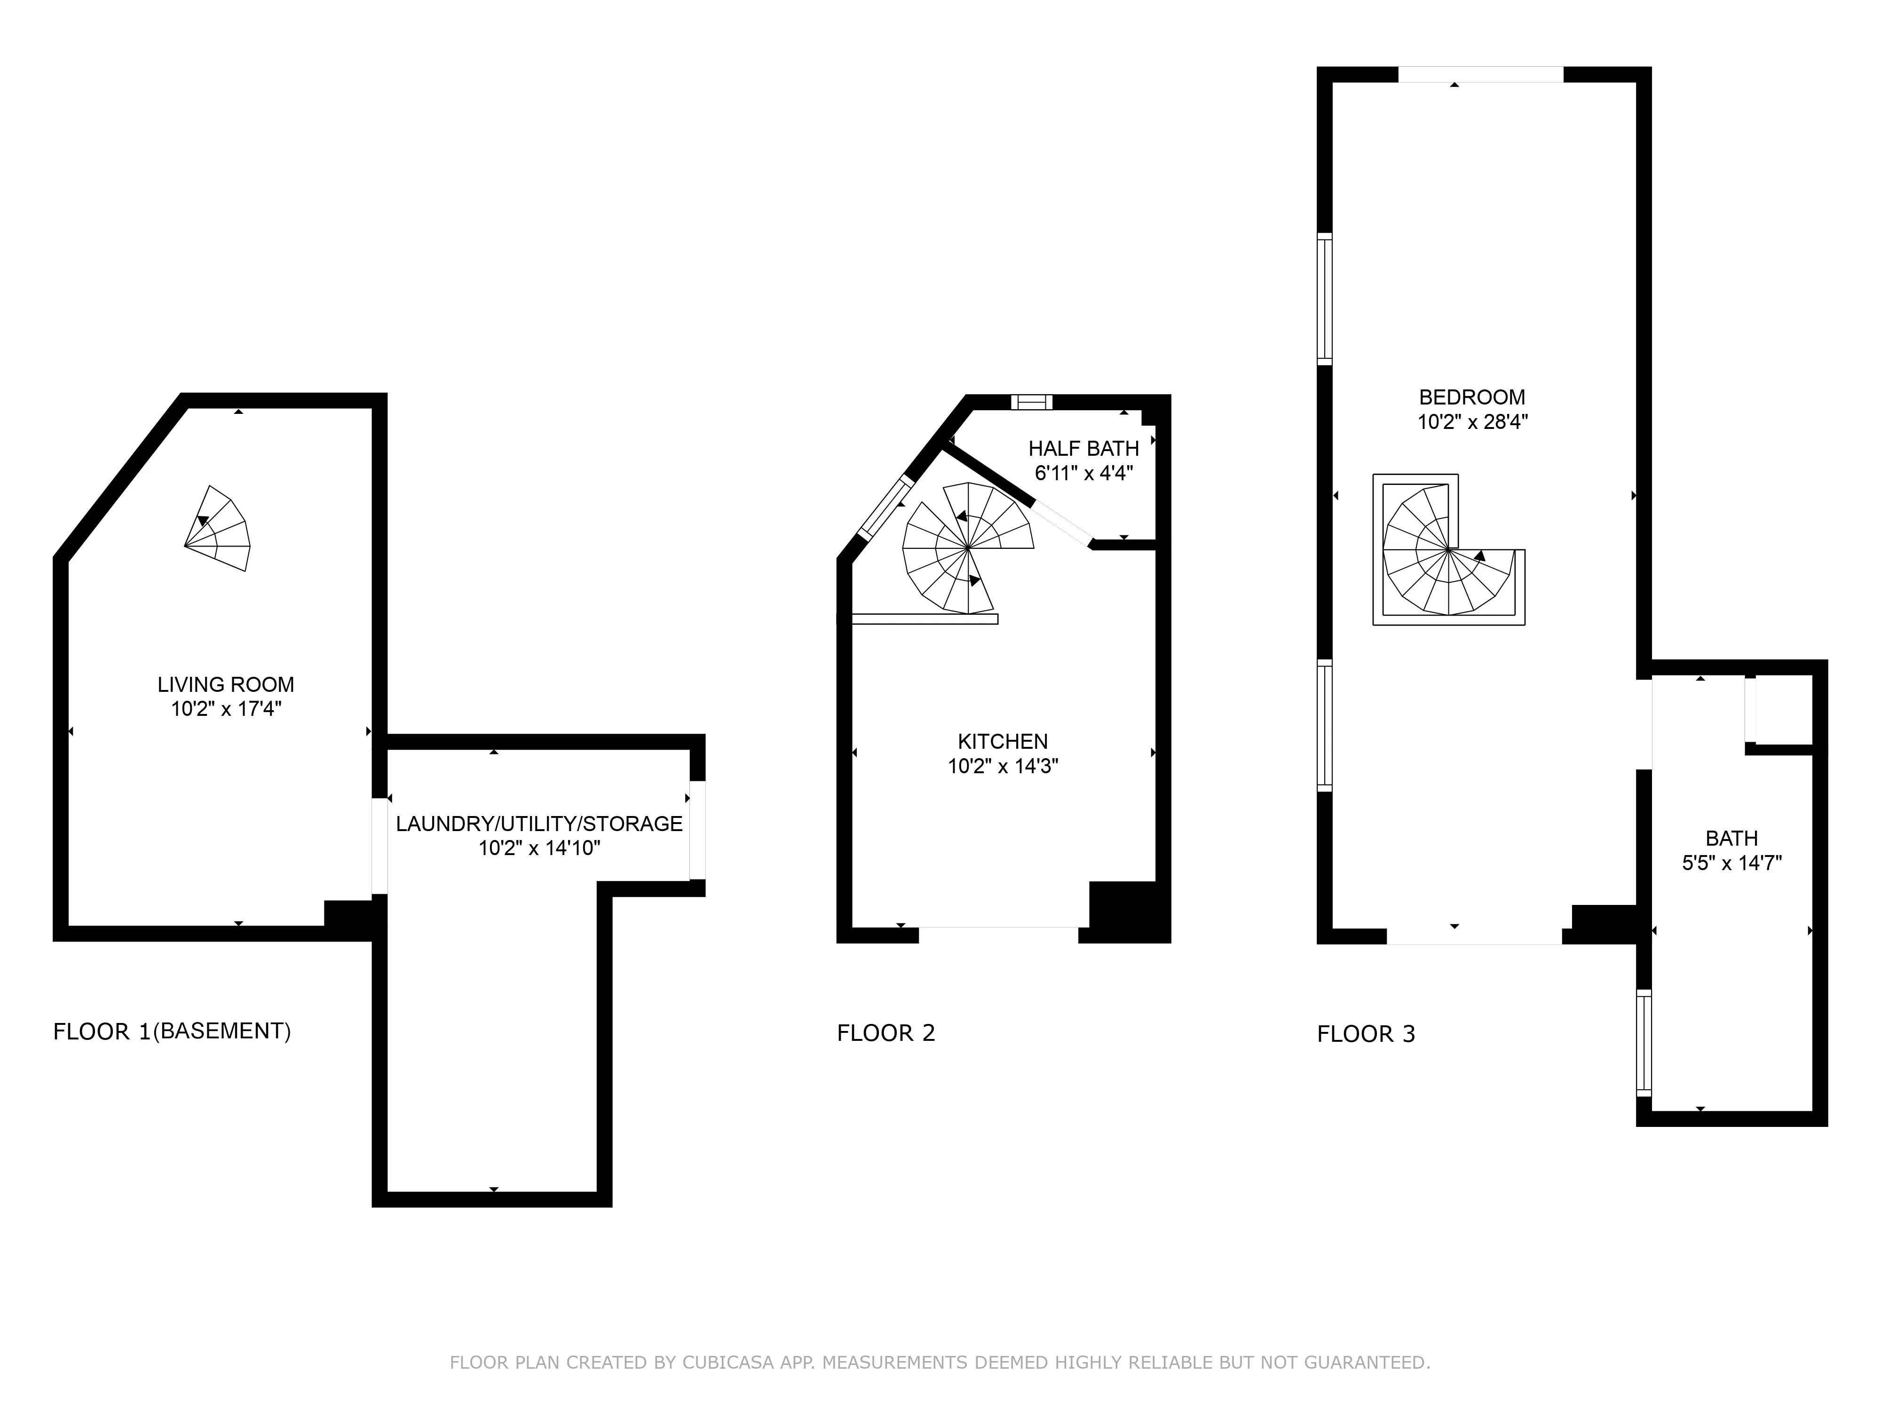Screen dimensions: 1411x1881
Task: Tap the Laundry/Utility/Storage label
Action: click(539, 824)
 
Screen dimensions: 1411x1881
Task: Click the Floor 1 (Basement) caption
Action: click(172, 1031)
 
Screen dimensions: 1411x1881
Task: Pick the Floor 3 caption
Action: click(1366, 1034)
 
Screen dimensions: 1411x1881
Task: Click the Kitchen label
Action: click(1003, 742)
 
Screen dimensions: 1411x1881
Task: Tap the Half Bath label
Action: click(1083, 449)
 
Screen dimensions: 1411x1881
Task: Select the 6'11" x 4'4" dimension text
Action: click(1083, 474)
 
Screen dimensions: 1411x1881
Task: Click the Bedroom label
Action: click(1472, 397)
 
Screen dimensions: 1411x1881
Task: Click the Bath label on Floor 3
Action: click(1731, 839)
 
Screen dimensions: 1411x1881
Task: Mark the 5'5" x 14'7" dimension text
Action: click(1731, 863)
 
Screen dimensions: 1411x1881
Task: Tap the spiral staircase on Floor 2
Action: click(968, 548)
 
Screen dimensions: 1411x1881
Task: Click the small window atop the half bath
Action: click(1031, 402)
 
